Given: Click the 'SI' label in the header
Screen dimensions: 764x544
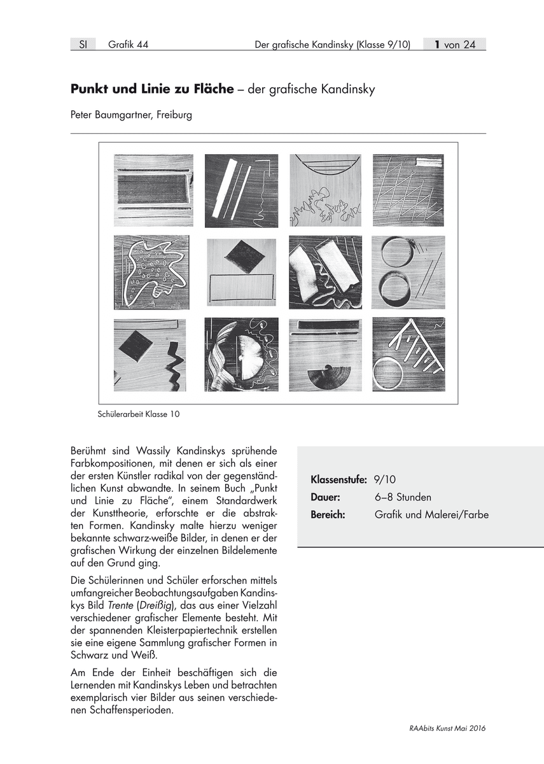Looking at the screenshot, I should click(x=83, y=45).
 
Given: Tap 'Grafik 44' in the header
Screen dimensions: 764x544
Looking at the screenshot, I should click(x=128, y=45).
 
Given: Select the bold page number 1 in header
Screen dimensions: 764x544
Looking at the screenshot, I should click(x=438, y=45).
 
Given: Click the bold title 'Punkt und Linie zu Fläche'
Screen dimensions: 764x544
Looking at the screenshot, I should click(x=152, y=90).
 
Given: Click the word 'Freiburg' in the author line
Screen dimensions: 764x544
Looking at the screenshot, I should click(x=173, y=116).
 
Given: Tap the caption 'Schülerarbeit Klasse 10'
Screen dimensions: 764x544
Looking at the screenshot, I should click(x=139, y=414).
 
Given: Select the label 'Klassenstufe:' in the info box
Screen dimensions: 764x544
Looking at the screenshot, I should click(x=338, y=479).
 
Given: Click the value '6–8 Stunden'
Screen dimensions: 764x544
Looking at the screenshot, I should click(x=403, y=497).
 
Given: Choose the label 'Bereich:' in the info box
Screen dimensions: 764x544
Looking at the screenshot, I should click(x=328, y=514).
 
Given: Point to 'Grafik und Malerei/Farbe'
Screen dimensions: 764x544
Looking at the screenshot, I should click(x=432, y=514).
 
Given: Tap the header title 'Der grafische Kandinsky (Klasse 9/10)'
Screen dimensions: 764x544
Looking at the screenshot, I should click(x=332, y=45).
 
